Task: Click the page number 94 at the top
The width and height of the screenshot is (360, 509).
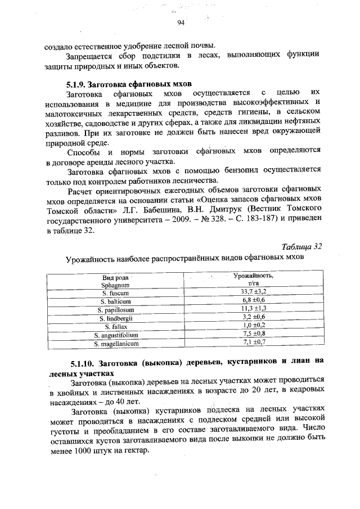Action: (181, 22)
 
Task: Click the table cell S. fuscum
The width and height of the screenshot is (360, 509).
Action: (116, 292)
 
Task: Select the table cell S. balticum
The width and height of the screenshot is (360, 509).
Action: (116, 301)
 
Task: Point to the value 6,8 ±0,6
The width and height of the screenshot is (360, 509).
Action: (253, 301)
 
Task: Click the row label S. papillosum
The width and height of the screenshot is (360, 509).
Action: (116, 309)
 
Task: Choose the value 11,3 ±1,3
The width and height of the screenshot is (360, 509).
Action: (253, 309)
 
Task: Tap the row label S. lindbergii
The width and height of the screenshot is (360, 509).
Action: (116, 318)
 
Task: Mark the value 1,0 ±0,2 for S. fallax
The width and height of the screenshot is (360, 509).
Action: (253, 326)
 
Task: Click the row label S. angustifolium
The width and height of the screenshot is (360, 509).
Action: (116, 334)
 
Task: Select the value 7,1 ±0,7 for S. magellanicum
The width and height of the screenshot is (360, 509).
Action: (253, 342)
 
